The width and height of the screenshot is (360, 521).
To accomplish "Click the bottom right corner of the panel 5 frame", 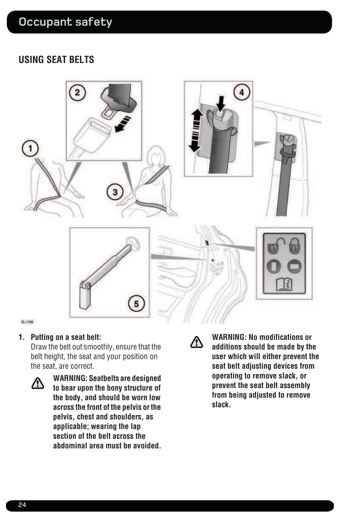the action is point(149,317).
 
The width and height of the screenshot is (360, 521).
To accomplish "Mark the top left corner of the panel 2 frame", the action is point(66,81).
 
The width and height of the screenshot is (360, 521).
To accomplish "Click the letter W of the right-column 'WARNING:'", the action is point(215,337).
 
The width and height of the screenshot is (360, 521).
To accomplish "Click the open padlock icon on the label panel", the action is point(274,246).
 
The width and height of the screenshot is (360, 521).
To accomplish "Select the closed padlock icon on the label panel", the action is point(295,246).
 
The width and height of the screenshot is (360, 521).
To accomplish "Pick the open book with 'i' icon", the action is point(284,284).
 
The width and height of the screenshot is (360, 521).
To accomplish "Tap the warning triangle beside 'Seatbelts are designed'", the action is point(38,383).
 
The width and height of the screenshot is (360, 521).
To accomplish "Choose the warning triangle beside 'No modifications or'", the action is point(197,342).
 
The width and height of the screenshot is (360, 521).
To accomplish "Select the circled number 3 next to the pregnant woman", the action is point(115,192).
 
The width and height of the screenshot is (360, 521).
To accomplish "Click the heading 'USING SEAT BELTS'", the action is point(56,60).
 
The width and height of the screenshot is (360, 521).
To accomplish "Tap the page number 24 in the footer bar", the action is point(22,505).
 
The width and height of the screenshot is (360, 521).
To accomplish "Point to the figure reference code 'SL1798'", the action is point(27,322).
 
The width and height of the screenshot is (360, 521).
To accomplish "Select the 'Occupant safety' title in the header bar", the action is point(65,22).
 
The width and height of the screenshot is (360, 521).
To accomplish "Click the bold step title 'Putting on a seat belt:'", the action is point(66,337).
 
